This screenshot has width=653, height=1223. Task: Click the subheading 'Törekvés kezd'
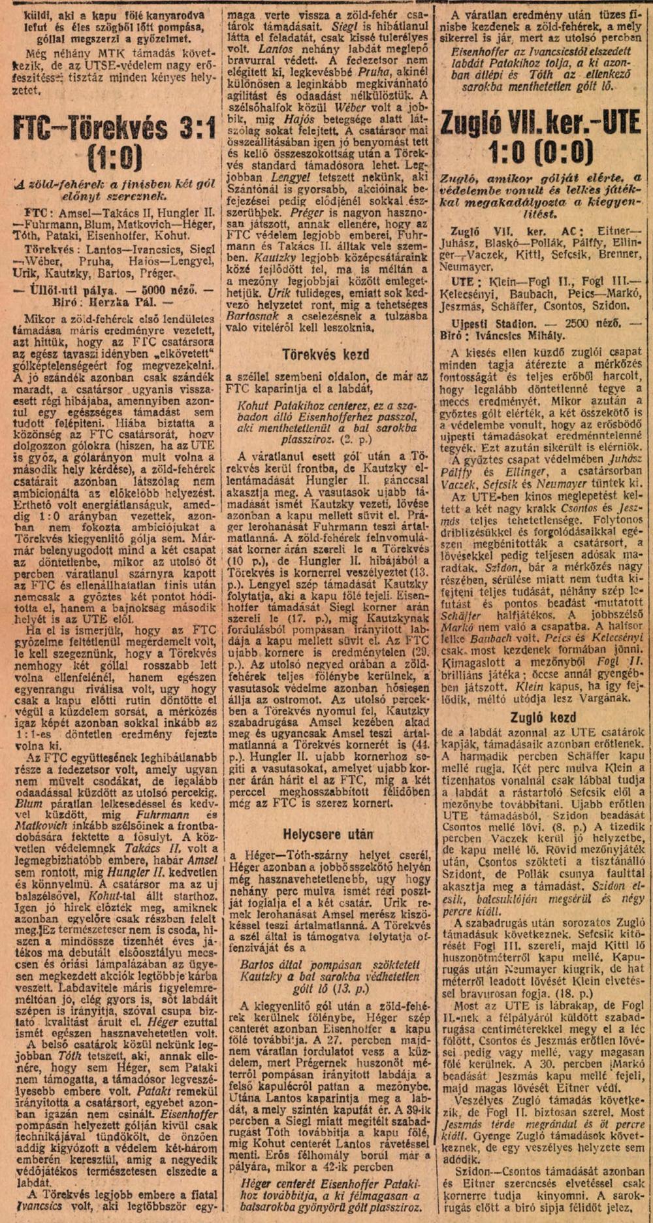click(326, 354)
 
